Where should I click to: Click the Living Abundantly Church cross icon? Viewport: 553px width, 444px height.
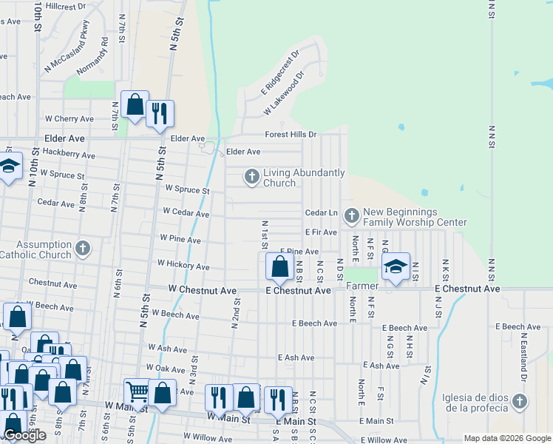click(252, 177)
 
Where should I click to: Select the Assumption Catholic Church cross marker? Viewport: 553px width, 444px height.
click(83, 249)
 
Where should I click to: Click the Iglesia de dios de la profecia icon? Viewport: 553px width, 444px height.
click(520, 402)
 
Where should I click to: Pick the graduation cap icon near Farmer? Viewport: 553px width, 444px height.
click(396, 266)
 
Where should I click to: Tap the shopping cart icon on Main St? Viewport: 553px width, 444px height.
click(138, 392)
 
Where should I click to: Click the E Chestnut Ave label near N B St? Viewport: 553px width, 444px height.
click(298, 291)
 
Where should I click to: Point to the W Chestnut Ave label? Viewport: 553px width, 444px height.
click(203, 290)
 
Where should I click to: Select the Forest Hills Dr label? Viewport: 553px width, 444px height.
click(291, 135)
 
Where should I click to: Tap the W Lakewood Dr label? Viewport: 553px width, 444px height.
click(285, 94)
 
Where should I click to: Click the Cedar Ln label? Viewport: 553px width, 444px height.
click(321, 213)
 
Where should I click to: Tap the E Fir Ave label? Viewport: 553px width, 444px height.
click(321, 232)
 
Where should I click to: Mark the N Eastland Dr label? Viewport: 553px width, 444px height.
click(522, 363)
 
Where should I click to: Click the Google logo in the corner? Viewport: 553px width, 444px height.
click(24, 436)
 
